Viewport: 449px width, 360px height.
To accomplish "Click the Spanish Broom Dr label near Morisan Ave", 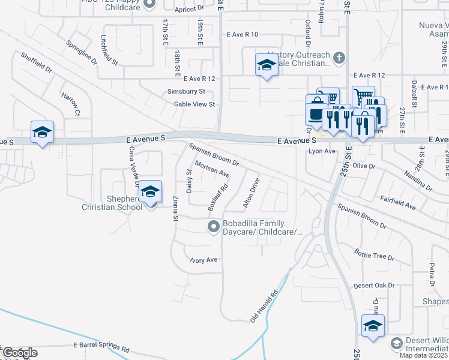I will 214,154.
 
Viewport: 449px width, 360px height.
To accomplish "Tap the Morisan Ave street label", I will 212,169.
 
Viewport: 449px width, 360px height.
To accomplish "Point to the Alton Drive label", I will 251,193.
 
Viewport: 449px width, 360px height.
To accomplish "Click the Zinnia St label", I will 175,208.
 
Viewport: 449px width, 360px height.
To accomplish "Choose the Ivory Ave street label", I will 203,260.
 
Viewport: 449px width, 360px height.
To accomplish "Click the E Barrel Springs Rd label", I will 101,347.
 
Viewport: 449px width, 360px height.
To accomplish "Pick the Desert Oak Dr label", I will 374,286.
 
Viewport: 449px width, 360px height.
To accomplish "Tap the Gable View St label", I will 194,104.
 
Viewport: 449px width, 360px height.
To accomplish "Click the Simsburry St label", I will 186,92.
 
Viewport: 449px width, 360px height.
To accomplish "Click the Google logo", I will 19,353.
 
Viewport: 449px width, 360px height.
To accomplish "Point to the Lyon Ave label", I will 321,152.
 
